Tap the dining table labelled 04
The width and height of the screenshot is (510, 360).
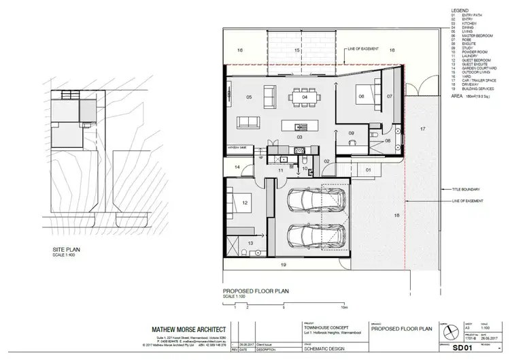point(305,97)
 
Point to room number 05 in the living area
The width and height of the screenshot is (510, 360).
point(249,97)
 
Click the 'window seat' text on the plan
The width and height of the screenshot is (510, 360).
point(237,147)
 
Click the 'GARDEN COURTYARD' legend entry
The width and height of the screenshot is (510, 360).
point(475,67)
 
